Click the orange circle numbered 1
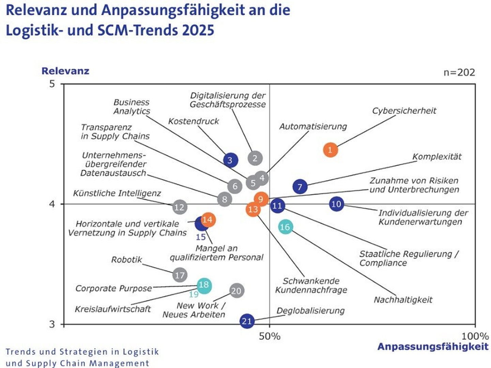tap(330, 150)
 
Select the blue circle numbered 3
tap(230, 160)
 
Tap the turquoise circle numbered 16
tap(285, 227)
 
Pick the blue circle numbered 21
tap(247, 321)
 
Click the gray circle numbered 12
tap(180, 207)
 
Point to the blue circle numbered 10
tap(336, 204)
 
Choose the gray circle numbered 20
tap(236, 291)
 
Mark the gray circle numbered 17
tap(180, 275)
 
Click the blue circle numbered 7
tap(300, 187)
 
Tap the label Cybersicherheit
tap(404, 111)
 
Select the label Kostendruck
tap(194, 121)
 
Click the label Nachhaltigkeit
tap(403, 300)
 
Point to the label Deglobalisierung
tap(310, 311)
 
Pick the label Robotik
tap(126, 260)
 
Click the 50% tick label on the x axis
tap(270, 336)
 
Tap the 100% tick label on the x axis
tap(475, 336)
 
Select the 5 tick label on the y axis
tap(52, 84)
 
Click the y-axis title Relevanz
tap(65, 71)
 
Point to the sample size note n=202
tap(459, 72)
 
